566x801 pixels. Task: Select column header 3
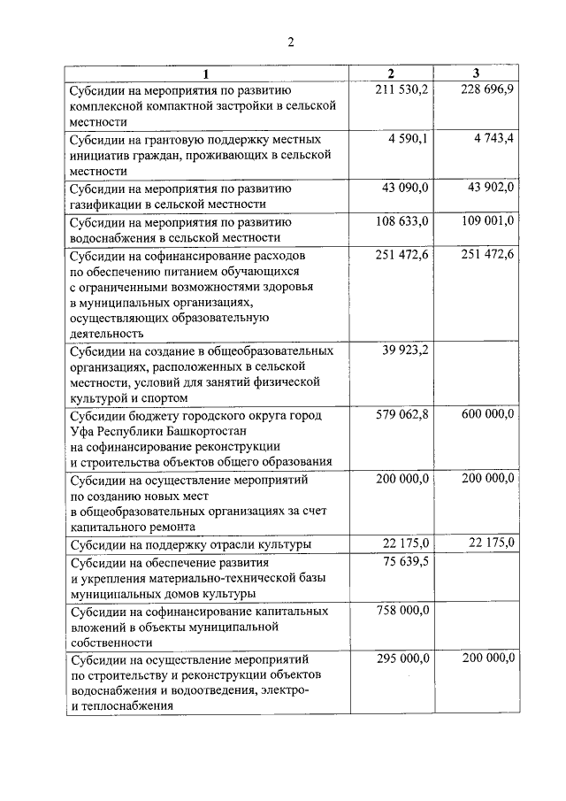[476, 73]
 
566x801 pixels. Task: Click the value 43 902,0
[492, 188]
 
